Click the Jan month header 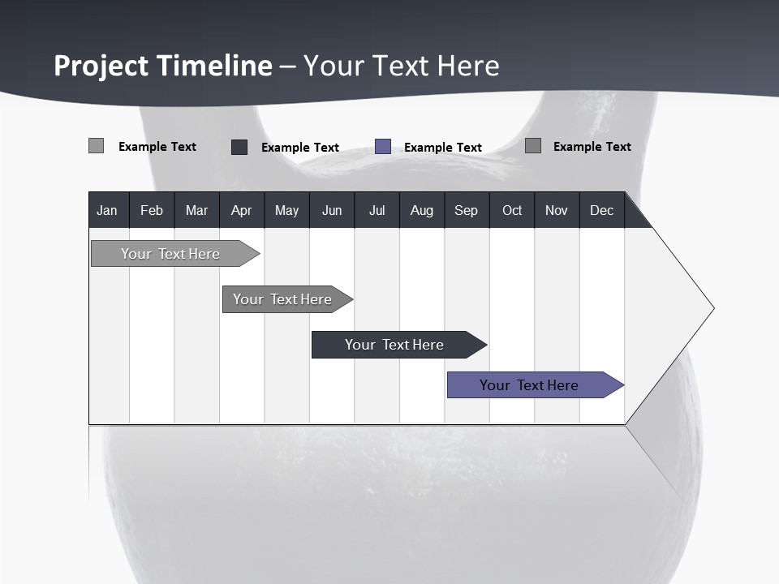click(107, 210)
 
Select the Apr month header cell click(241, 210)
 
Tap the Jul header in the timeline click(377, 210)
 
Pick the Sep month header click(466, 210)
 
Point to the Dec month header click(601, 210)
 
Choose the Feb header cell click(152, 210)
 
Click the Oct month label click(512, 210)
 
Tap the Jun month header click(331, 210)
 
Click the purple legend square click(383, 147)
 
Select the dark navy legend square click(239, 147)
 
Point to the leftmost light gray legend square click(96, 146)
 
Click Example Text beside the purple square click(442, 148)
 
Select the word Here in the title click(468, 66)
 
